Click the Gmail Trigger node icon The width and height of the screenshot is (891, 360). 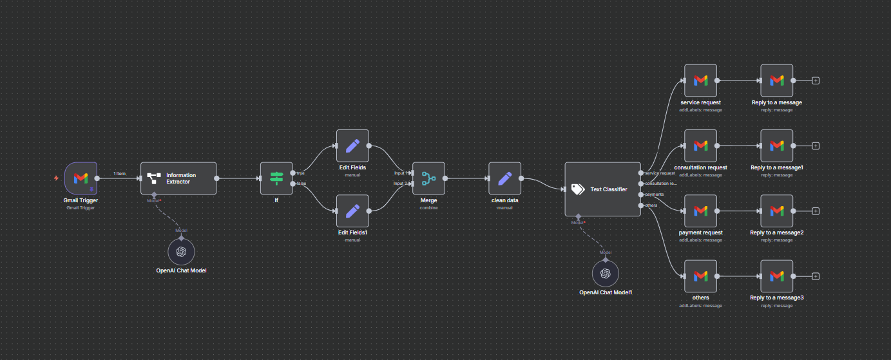coord(81,178)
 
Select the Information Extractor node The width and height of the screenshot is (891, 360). coord(178,178)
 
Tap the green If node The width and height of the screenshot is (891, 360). coord(276,178)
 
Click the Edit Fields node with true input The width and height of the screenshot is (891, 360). coord(352,146)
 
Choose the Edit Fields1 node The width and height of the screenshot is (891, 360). coord(352,211)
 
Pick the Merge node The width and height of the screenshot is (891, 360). coord(428,178)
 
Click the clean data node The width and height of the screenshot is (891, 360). coord(504,178)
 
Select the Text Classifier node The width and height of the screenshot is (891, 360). coord(602,189)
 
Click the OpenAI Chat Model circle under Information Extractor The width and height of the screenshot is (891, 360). coord(181,251)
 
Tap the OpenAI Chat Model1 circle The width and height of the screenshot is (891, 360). coord(605,273)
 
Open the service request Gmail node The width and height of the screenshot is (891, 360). coord(700,81)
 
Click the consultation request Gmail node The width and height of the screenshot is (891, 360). coord(700,146)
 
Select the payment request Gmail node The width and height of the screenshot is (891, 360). coord(700,211)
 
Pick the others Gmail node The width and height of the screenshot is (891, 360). coord(700,276)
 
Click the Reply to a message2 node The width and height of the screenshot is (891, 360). coord(776,211)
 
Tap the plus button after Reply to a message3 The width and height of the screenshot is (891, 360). coord(816,276)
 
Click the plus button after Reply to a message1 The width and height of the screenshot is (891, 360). coord(816,146)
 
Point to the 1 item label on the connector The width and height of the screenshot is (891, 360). coord(119,174)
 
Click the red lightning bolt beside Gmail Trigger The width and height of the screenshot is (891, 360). coord(57,178)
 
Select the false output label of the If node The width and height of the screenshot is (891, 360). coord(301,184)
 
